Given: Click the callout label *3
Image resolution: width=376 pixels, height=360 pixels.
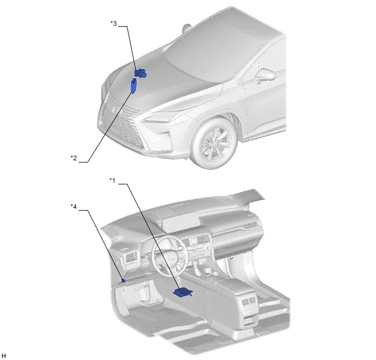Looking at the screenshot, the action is click(114, 24).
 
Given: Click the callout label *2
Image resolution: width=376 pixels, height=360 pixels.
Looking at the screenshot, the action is click(74, 158).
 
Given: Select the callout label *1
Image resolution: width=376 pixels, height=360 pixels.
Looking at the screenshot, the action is click(112, 180).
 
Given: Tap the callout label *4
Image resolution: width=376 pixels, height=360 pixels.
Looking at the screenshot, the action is click(74, 206).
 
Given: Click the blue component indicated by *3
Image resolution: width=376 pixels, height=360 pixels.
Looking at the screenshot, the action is click(140, 73).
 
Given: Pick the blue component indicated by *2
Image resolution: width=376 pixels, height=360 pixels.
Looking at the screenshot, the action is click(133, 85).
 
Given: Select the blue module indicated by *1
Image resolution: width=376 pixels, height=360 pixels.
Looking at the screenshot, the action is click(183, 292).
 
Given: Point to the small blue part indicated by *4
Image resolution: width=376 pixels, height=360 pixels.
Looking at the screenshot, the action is click(124, 281).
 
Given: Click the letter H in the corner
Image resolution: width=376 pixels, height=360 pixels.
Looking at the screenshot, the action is click(3, 356).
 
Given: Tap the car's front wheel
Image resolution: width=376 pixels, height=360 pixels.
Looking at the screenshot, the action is click(215, 143).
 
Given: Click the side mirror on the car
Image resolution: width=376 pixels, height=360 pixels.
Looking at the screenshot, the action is click(265, 74).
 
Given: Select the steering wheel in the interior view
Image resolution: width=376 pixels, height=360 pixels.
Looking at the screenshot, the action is click(169, 257).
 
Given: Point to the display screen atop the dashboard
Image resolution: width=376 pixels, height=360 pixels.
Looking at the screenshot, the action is click(180, 221).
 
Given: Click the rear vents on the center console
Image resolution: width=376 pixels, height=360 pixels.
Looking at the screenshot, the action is click(249, 301).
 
